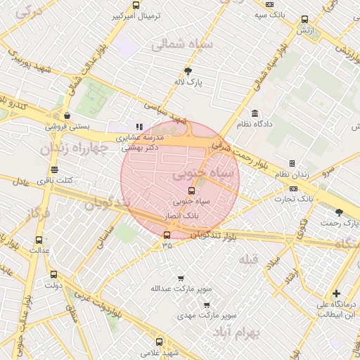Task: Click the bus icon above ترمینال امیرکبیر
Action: coord(136,5)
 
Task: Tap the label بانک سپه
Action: coord(271,14)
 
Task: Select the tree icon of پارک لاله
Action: coord(188,71)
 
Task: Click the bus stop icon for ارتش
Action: coord(304,20)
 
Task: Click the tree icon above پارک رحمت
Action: coord(340,212)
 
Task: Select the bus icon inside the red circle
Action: coord(191,190)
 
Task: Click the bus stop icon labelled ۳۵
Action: coord(167,236)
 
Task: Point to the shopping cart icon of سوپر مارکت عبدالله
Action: coord(181,278)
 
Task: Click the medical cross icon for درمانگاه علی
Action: coord(337,293)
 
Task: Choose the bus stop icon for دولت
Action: coord(54,275)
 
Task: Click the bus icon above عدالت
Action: coord(39,239)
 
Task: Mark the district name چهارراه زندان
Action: coord(77,148)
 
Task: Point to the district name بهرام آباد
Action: coord(259,330)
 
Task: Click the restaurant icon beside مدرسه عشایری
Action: coord(139,127)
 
